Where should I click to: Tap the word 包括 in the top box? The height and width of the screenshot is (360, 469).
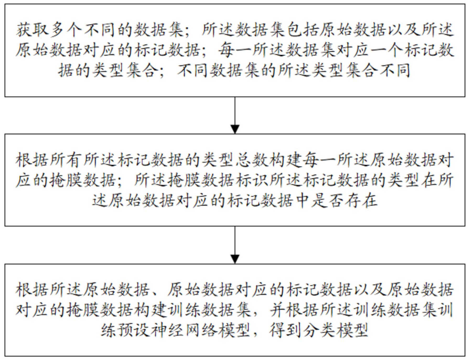tap(302, 30)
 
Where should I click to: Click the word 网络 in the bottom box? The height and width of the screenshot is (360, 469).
tap(201, 330)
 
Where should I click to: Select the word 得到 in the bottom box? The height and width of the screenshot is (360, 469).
tap(286, 330)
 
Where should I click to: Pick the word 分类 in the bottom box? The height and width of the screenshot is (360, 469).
tap(319, 330)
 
